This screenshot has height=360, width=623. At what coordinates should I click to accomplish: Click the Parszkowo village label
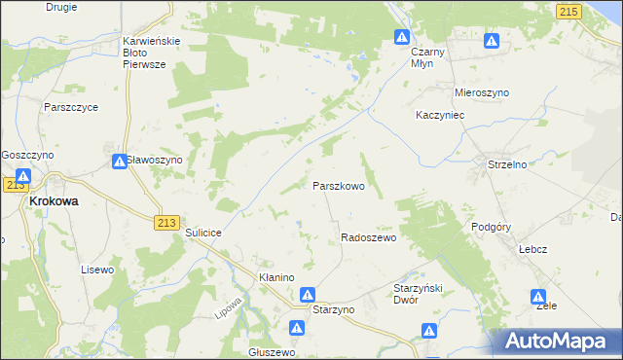[338, 185]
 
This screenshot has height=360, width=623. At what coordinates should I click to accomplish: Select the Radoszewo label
[368, 238]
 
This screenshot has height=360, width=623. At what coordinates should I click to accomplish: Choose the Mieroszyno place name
[482, 92]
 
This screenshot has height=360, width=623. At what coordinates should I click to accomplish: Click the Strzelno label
[507, 164]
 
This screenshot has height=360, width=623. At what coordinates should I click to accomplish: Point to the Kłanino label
[276, 277]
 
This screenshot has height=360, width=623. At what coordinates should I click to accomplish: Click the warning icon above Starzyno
[308, 294]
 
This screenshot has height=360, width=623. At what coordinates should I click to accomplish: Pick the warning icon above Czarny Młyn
[402, 37]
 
